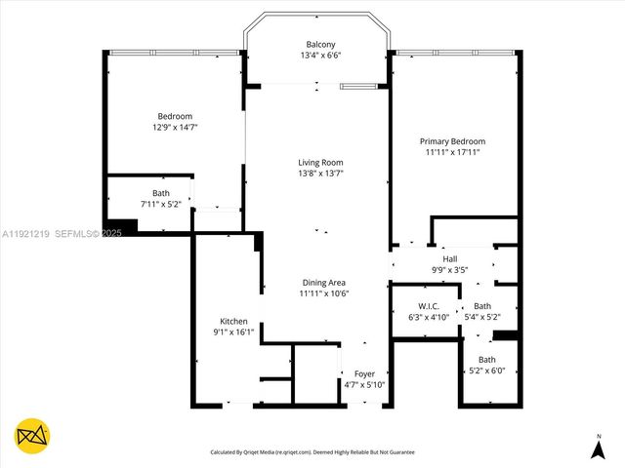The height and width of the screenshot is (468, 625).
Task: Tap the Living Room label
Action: [x=320, y=162]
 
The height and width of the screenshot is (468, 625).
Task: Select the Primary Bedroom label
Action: [x=453, y=141]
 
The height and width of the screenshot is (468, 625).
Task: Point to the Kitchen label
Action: [x=233, y=321]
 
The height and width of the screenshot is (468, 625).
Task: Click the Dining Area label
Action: [x=323, y=282]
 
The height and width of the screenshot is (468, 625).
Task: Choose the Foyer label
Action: [x=364, y=373]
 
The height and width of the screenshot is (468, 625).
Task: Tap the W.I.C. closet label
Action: [x=427, y=305]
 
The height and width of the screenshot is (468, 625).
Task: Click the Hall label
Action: [x=450, y=259]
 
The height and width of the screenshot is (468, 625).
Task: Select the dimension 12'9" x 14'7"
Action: [x=174, y=128]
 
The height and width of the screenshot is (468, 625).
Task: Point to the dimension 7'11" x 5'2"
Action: [x=160, y=204]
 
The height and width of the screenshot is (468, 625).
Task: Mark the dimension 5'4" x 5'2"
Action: [x=481, y=317]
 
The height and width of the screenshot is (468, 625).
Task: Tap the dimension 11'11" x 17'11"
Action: [x=453, y=152]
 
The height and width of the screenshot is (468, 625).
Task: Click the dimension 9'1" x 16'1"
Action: [x=233, y=331]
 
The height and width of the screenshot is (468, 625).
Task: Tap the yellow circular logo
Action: [x=32, y=436]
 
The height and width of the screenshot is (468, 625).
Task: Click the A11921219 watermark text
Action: [x=24, y=233]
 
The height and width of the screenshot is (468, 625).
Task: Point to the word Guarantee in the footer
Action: [x=396, y=452]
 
